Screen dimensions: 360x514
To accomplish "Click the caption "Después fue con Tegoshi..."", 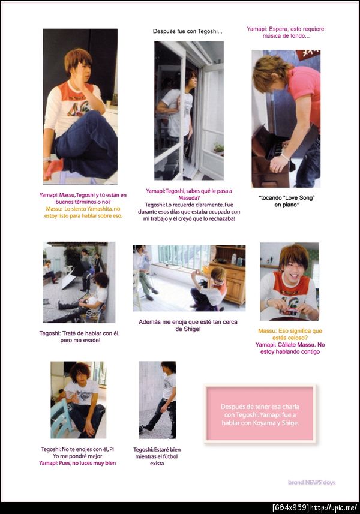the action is tap(188, 31).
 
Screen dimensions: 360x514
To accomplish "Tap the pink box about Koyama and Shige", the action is tap(260, 414).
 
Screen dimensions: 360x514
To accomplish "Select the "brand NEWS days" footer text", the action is tap(311, 482).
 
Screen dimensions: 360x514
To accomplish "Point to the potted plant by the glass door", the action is tap(218, 149).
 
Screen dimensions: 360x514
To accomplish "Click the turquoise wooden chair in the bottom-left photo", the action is tap(61, 418).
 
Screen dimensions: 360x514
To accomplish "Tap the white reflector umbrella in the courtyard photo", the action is tap(69, 282).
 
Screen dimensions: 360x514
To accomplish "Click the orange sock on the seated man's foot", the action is tap(53, 167).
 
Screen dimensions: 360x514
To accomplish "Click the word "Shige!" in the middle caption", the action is tap(188, 329).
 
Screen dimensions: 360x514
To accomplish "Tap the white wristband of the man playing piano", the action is tap(284, 157).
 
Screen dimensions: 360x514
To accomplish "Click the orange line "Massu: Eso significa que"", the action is tap(290, 330).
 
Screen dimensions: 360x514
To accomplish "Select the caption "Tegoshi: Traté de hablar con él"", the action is tap(79, 333).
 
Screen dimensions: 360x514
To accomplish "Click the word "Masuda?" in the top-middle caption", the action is tap(189, 198).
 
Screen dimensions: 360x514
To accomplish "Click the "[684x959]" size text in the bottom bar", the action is tap(290, 508).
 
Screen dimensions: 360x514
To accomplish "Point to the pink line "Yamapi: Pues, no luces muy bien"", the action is tap(77, 463).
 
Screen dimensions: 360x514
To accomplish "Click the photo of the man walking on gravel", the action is tap(157, 400).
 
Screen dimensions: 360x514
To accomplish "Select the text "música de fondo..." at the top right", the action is tap(286, 36).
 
